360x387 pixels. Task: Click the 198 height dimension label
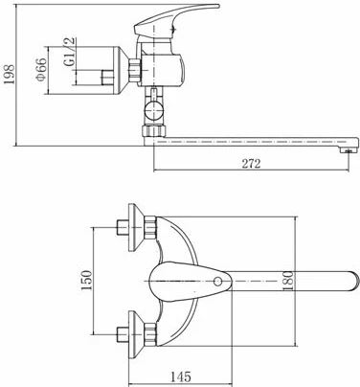click(10, 74)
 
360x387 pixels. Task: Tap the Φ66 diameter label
click(41, 69)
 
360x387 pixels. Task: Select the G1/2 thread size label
click(70, 52)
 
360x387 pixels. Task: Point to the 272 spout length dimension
click(251, 164)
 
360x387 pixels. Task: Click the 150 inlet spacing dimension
click(86, 280)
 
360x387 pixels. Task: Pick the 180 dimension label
click(288, 281)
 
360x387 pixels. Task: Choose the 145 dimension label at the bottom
click(180, 376)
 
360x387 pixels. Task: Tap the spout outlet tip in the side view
click(349, 150)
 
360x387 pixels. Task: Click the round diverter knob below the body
click(153, 110)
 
